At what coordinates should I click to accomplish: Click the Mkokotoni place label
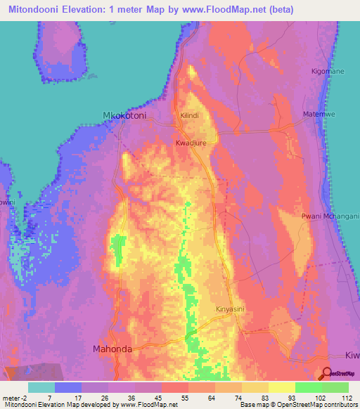[129, 117]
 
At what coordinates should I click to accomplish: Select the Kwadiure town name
[191, 142]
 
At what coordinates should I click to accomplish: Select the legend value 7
[49, 396]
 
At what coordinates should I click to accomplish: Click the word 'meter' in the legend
[10, 396]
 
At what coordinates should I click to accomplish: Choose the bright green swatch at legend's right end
[335, 387]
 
